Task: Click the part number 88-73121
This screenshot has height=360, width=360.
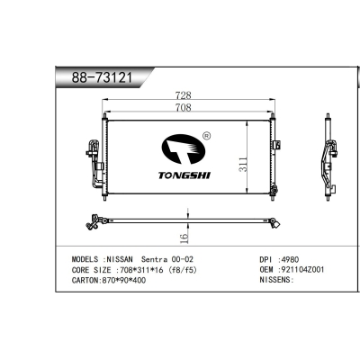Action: coord(102,78)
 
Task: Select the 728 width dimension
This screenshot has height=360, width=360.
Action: coord(183,95)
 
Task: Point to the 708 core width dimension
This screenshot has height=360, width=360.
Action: coord(183,107)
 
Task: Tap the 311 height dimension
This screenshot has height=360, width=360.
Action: coord(243,164)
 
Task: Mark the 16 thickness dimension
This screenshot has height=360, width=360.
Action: coord(184,238)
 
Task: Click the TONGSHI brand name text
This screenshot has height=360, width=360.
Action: coord(184,175)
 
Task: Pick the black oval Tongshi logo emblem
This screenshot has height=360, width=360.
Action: coord(184,149)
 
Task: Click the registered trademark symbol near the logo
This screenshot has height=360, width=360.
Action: coord(207,136)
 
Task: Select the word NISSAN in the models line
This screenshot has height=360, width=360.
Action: coord(120,259)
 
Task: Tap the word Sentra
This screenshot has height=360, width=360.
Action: coord(154,259)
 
